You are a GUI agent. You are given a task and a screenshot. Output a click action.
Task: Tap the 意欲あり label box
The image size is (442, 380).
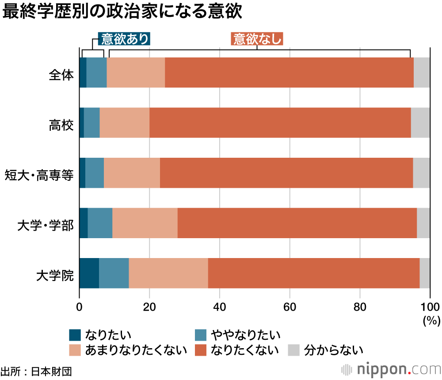125,39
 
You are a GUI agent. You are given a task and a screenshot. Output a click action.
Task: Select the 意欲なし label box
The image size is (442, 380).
257,39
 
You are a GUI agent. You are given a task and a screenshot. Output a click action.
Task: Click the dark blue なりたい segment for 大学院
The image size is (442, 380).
89,273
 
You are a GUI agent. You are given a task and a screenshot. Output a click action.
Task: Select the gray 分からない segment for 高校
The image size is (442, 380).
420,123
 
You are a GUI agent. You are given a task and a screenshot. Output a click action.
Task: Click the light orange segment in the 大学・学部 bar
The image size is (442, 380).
145,223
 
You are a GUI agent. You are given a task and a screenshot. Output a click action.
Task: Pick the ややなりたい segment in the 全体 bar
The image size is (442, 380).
96,73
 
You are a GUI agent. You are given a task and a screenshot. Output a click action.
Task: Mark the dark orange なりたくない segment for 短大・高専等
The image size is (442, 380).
286,173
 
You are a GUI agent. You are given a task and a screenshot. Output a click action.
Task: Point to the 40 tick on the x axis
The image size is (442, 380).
220,308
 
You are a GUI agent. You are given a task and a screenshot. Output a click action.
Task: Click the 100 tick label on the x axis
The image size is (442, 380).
430,308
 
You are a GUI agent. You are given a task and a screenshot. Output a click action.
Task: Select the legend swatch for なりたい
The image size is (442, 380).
75,335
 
